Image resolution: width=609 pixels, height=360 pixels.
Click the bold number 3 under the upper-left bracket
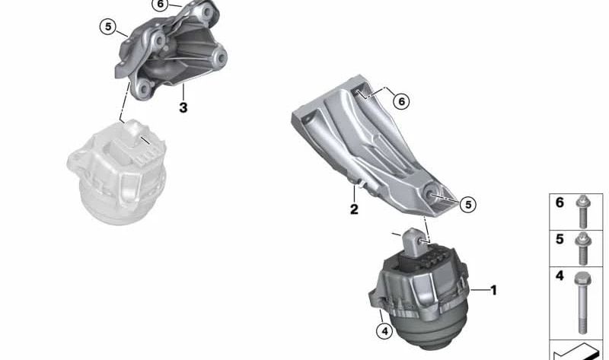click(x=183, y=107)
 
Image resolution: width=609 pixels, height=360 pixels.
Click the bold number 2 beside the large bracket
click(x=354, y=209)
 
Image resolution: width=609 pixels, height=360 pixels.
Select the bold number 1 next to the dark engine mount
click(x=493, y=290)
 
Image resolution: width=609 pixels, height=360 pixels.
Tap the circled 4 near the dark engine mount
click(x=384, y=331)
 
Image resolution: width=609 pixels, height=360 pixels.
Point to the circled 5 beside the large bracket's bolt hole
click(x=468, y=204)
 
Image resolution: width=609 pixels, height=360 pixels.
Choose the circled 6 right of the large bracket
click(x=401, y=101)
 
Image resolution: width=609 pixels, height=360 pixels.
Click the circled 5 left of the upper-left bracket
click(x=108, y=27)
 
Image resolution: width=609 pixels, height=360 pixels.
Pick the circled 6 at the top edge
click(x=161, y=5)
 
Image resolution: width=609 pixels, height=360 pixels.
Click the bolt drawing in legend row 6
click(x=582, y=212)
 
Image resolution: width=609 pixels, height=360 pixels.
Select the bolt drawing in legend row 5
click(x=582, y=249)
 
